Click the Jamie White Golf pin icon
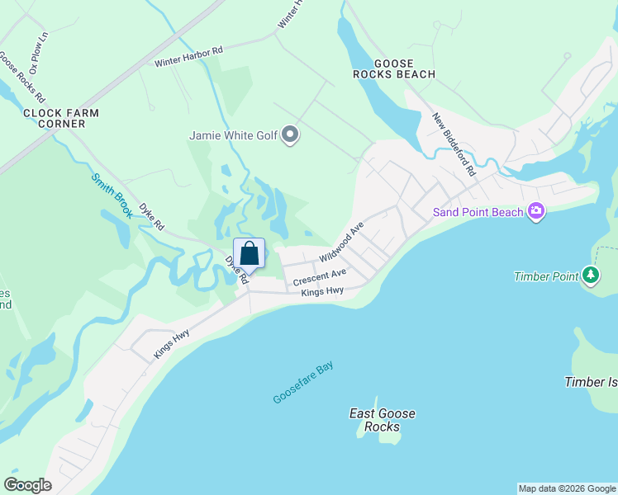point(289,134)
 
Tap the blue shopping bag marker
point(250,253)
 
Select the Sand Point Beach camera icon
point(536,212)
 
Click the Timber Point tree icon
point(590,276)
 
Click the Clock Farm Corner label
point(61,118)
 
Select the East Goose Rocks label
point(383,420)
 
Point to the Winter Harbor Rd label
point(188,57)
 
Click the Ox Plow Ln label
point(39,47)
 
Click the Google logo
point(27,484)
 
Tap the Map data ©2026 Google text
point(567,488)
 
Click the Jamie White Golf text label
point(233,135)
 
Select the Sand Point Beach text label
point(478,212)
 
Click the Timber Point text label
point(545,276)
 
